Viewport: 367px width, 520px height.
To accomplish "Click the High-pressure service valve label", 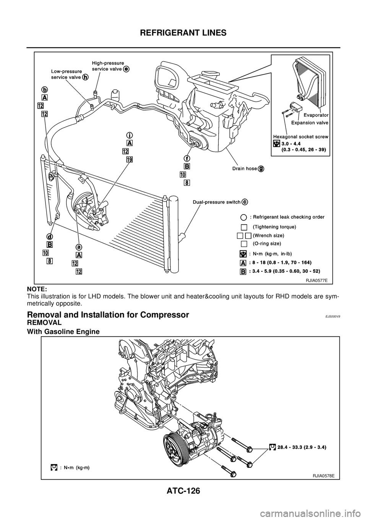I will tap(108, 65).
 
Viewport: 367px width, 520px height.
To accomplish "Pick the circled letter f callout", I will tap(187, 158).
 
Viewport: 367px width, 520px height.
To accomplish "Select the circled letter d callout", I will tap(50, 236).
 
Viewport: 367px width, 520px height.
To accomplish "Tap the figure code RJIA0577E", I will tap(316, 280).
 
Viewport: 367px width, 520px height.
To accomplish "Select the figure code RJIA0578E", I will tap(323, 475).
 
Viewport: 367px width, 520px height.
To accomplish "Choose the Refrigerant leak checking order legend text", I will tap(287, 217).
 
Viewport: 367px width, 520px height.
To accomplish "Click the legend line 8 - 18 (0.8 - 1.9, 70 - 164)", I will tap(280, 263).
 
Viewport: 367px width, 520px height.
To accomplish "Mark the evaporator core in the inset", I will tap(310, 82).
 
